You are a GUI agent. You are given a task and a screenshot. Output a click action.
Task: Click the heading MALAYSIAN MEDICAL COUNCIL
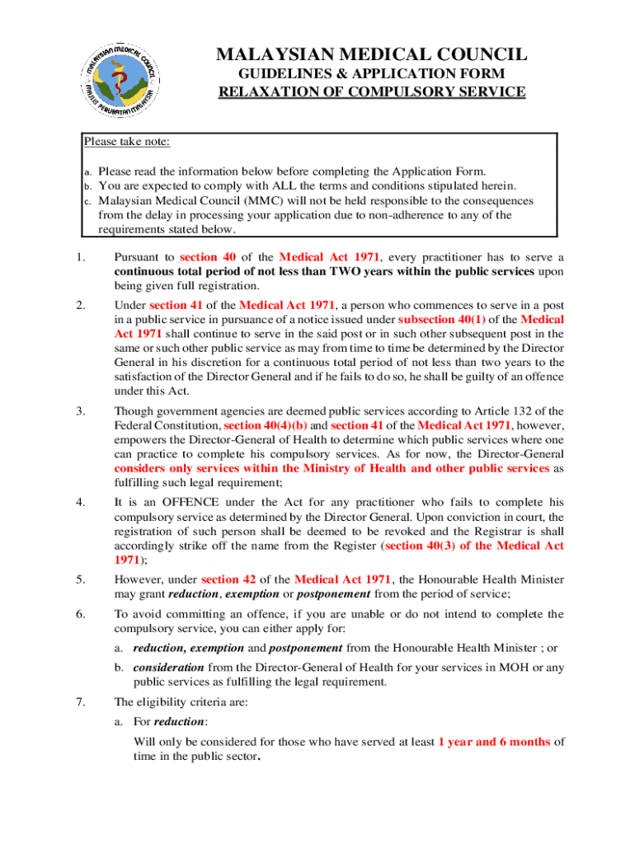click(x=371, y=56)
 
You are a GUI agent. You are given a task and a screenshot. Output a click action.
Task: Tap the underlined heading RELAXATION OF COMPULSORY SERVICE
click(x=371, y=91)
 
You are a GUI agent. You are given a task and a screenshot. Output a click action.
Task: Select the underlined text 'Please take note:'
click(x=127, y=142)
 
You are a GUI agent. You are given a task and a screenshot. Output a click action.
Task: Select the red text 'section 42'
click(x=231, y=579)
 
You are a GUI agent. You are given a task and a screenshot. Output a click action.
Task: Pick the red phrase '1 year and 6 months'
click(x=494, y=741)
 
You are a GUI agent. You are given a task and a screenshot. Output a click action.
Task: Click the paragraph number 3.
click(x=80, y=410)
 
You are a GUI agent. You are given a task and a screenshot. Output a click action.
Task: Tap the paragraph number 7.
click(x=80, y=702)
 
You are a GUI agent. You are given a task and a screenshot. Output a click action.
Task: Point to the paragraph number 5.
click(x=80, y=579)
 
